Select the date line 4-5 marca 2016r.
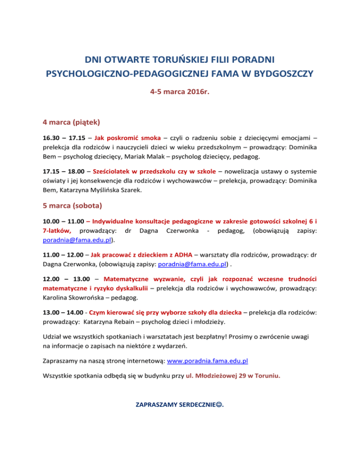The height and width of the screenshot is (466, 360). [180, 92]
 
